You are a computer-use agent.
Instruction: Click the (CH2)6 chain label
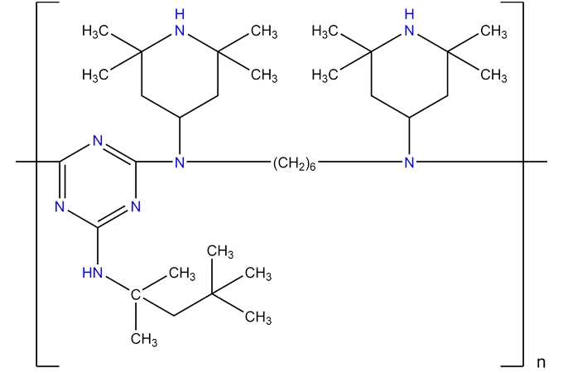pyautogui.click(x=293, y=163)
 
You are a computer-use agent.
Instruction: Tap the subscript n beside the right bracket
pyautogui.click(x=541, y=361)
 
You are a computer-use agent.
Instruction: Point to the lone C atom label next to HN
pyautogui.click(x=136, y=293)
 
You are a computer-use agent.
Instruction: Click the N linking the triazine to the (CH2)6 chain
pyautogui.click(x=180, y=163)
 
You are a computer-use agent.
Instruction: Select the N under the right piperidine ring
pyautogui.click(x=408, y=163)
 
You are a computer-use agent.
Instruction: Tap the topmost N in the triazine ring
pyautogui.click(x=98, y=139)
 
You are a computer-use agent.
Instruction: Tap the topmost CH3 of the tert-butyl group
pyautogui.click(x=219, y=250)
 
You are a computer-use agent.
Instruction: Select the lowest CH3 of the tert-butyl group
pyautogui.click(x=258, y=317)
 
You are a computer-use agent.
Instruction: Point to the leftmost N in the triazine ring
pyautogui.click(x=59, y=206)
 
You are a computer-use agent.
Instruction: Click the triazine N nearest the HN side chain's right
pyautogui.click(x=136, y=206)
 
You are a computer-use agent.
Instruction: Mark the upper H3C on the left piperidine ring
pyautogui.click(x=97, y=32)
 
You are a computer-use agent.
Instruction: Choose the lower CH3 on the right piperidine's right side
pyautogui.click(x=493, y=76)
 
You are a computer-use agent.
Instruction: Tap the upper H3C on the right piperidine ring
pyautogui.click(x=326, y=32)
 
